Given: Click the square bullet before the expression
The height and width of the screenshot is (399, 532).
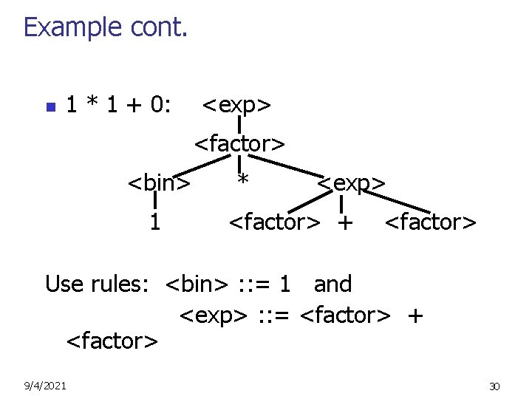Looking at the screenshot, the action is point(50,107).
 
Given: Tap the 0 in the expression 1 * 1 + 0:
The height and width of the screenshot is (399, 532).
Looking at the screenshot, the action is point(156,106).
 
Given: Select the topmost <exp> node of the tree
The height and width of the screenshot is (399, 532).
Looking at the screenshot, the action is point(236,106).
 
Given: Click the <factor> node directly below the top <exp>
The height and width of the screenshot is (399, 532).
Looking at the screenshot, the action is point(239,143).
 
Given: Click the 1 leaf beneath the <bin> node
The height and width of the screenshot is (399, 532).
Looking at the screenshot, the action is point(154,222).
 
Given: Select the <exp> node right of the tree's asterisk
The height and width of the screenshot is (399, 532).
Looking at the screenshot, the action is point(351,182).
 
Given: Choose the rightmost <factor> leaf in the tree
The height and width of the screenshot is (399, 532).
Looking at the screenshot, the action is point(431,222).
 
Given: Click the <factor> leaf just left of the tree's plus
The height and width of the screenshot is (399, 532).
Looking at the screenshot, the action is point(274,222).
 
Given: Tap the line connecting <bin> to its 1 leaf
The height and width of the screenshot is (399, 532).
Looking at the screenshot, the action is point(156,201).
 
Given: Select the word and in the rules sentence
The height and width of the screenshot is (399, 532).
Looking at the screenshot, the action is point(332,284).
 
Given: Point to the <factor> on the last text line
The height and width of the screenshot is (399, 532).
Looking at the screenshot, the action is point(112,341).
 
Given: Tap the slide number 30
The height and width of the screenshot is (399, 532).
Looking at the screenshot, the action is point(494,386).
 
